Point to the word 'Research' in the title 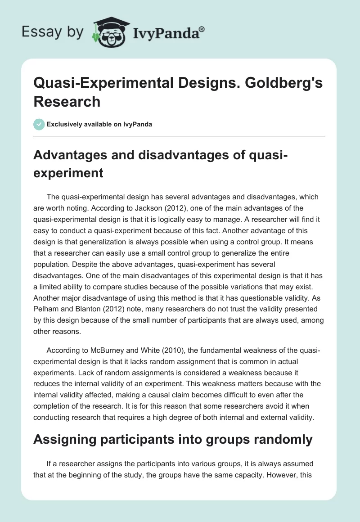pyautogui.click(x=67, y=102)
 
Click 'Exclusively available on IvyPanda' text pyautogui.click(x=99, y=124)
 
